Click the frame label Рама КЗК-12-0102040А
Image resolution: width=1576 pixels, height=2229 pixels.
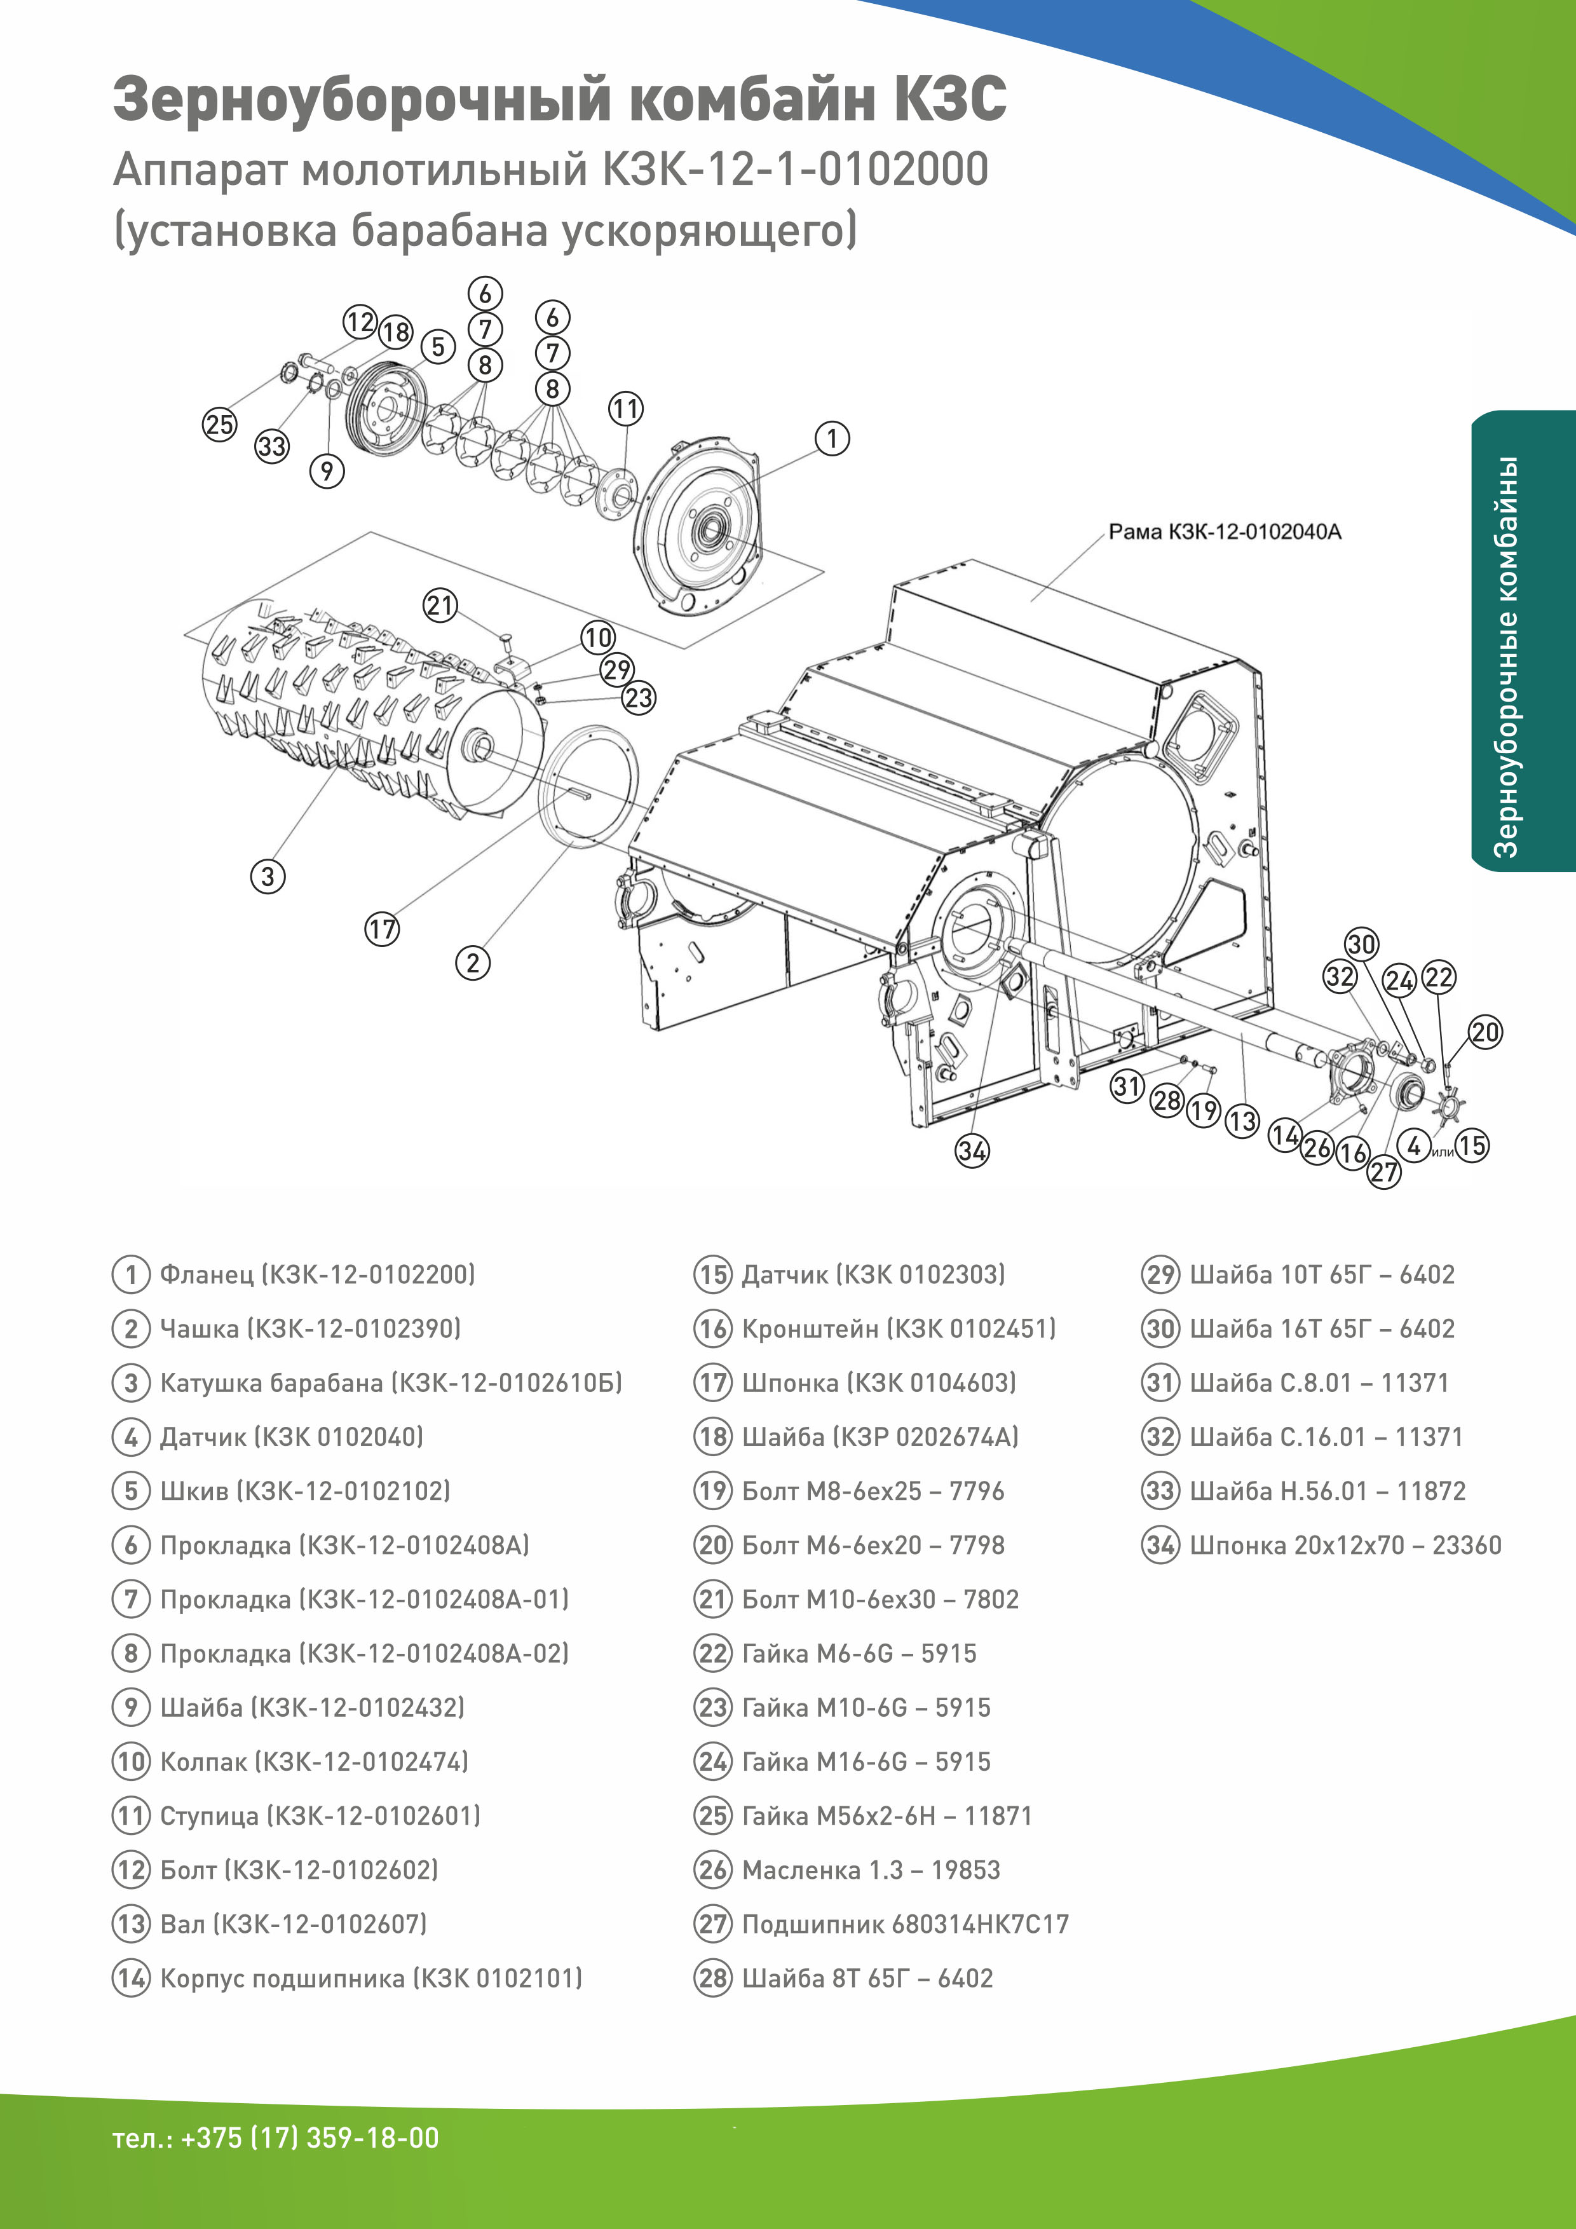click(1224, 532)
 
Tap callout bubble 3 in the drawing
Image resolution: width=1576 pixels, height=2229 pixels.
click(268, 876)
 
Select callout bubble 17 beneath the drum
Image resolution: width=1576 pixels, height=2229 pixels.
click(381, 929)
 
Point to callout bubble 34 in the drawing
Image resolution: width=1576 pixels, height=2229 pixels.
click(972, 1152)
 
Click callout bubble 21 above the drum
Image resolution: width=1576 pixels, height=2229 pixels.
click(440, 606)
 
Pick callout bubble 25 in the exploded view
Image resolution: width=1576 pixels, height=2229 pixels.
click(219, 424)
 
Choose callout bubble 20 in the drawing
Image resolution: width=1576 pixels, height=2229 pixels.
click(1484, 1032)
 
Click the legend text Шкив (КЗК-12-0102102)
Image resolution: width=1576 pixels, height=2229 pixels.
click(305, 1491)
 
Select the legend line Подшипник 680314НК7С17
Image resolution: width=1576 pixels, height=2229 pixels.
click(904, 1924)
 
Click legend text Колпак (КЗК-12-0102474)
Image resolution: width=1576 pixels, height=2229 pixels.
click(313, 1762)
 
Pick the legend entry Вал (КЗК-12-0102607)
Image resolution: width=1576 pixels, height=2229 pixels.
click(293, 1924)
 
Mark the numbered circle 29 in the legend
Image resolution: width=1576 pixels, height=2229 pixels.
click(1160, 1275)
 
